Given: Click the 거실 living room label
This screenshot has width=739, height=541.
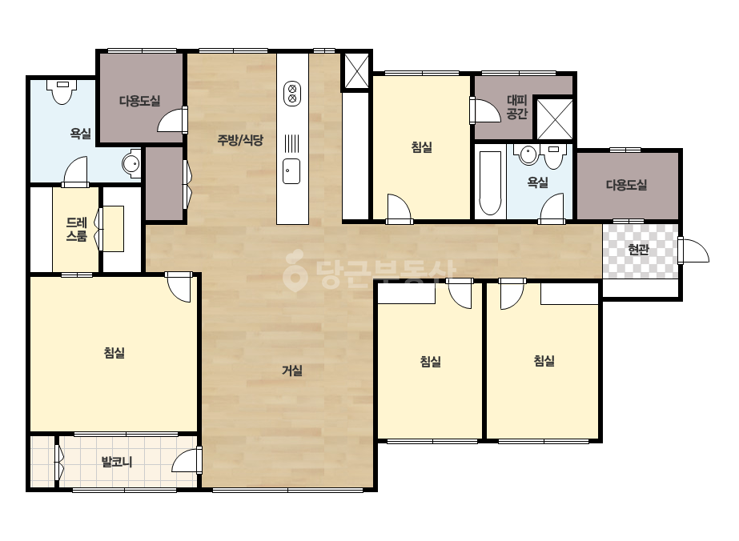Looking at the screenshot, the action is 292,371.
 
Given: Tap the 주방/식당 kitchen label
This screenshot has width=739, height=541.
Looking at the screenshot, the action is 240,140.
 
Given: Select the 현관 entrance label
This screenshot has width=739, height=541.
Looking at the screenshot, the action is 639,250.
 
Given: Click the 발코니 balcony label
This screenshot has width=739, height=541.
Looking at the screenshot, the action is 117,462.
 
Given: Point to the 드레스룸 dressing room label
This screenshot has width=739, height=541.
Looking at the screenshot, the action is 76,229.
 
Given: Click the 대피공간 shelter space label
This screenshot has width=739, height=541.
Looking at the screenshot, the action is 517,107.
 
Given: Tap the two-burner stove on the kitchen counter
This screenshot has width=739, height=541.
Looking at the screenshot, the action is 292,94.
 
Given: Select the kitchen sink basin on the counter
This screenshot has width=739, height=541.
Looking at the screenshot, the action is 291,171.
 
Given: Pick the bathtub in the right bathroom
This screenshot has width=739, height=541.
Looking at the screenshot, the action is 490,182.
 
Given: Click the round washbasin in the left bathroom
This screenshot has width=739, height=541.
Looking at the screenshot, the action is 131,164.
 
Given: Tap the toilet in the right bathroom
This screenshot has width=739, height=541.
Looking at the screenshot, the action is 553,157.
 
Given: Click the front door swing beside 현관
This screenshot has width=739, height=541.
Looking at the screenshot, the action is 694,250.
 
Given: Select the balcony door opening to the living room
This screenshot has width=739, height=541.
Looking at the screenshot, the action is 187,460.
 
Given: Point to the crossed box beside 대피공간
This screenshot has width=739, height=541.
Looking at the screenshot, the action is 555,119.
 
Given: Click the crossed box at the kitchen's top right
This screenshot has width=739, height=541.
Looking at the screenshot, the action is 355,70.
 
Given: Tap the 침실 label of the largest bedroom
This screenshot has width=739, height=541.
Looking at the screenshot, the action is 114,353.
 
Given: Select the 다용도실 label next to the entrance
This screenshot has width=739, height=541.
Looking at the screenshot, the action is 626,185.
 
